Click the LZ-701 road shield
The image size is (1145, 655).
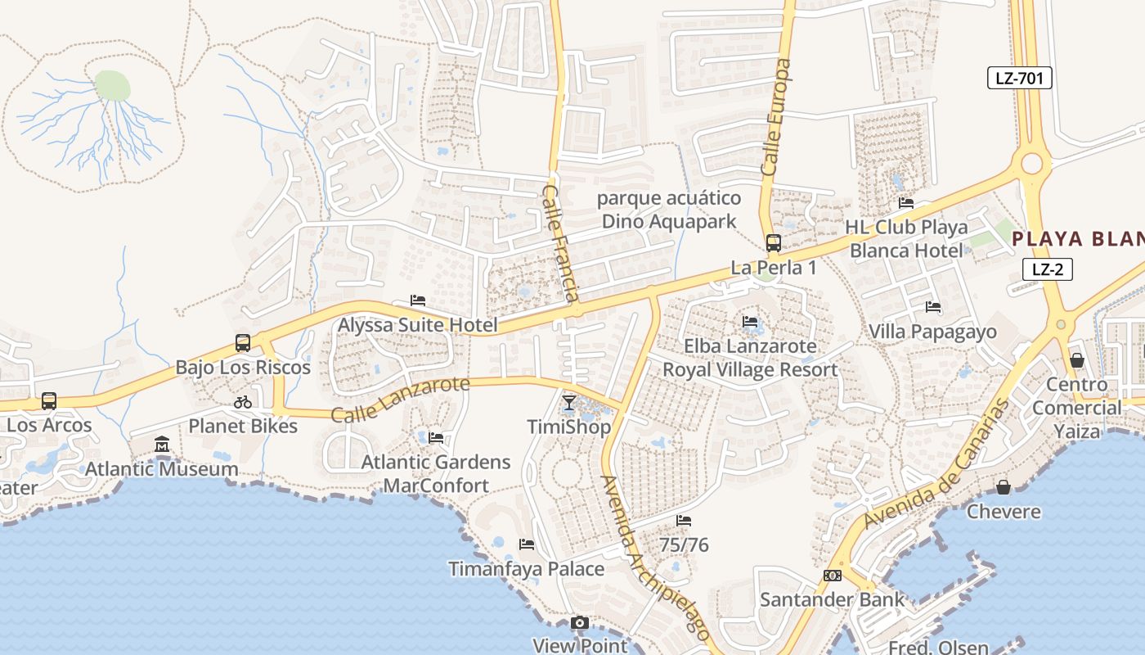coord(1018,79)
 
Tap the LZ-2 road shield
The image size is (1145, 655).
coord(1047,269)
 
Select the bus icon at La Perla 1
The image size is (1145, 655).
coord(773,243)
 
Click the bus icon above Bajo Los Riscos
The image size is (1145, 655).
coord(243,343)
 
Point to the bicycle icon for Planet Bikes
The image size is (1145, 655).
coord(243,402)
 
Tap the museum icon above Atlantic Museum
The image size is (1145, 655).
coord(162,445)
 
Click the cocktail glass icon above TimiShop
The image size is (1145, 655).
coord(569,403)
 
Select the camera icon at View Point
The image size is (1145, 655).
coord(580,623)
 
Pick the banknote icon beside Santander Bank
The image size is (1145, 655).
coord(833,576)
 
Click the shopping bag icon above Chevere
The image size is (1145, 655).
coord(1004,488)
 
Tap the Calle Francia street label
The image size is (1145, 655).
coord(561,243)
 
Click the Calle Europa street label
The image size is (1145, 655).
coord(777,116)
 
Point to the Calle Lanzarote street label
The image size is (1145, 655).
coord(401,399)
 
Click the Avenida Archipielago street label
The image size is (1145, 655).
coord(654,557)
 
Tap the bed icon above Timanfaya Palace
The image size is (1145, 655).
coord(527,544)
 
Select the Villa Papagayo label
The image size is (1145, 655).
coord(932,332)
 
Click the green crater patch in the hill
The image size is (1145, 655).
coord(113,85)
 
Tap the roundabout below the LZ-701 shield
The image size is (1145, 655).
coord(1031,164)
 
